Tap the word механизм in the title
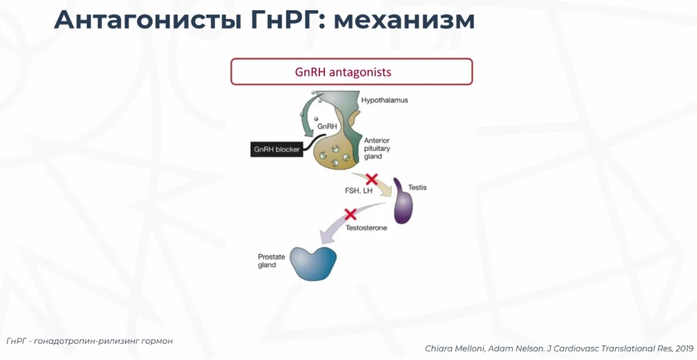coord(404,20)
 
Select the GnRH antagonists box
coord(352,71)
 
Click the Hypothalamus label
coord(385,100)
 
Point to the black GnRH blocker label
coord(276,149)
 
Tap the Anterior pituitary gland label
coord(377,148)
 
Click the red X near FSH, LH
coord(372,180)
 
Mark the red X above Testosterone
coord(351,214)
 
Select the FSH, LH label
coord(359,191)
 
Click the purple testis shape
coord(403,203)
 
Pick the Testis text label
coord(417,187)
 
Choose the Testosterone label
coord(366,227)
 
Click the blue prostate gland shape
coord(313,263)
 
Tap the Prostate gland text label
coord(271,261)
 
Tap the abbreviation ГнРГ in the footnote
coord(16,341)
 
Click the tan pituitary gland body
coord(336,149)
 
